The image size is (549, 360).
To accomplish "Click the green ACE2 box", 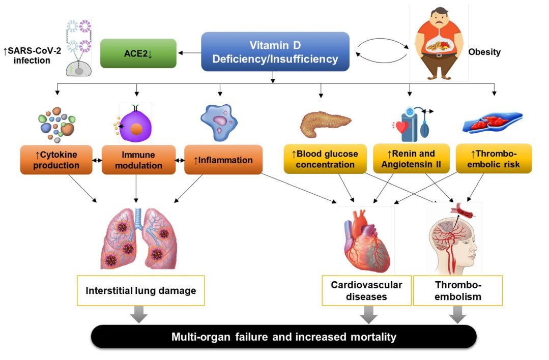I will point(138,53).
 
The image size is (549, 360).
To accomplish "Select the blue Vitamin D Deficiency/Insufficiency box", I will point(275,51).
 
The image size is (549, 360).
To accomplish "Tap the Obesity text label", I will point(484,52).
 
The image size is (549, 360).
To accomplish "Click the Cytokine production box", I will point(56,159).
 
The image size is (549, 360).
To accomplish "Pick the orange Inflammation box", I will point(223,160).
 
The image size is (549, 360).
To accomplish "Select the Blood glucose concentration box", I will point(325,159).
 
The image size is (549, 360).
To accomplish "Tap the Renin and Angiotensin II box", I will point(411,159).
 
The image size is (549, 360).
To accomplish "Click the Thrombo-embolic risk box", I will point(493,159).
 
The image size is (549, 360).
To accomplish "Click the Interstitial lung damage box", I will point(140,290).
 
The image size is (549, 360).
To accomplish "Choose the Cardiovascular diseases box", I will point(366,290).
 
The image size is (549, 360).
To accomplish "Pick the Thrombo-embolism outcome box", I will point(457,290).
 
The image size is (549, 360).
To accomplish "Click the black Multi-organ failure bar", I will point(283,337).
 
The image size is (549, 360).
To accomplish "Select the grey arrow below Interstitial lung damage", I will point(138,315).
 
